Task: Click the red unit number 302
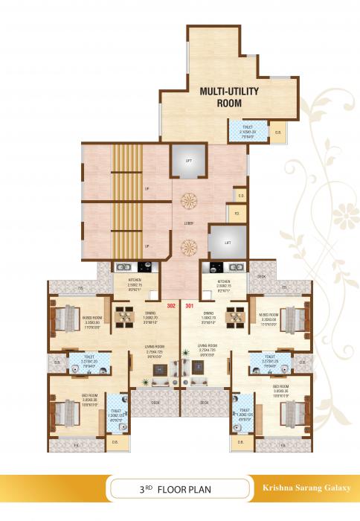[x=172, y=305]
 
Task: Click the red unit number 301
[x=188, y=305]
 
